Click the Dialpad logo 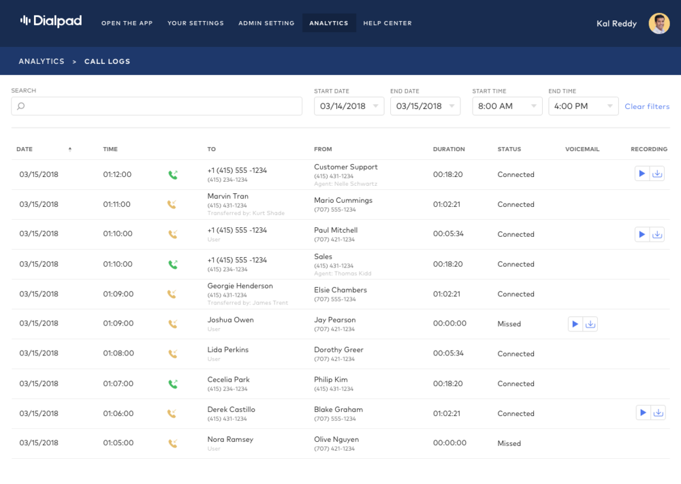[x=51, y=21]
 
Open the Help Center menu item [x=387, y=23]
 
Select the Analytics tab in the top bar [x=329, y=23]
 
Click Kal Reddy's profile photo [x=659, y=23]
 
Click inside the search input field [x=157, y=106]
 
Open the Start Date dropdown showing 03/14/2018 [x=349, y=106]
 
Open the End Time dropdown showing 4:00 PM [x=584, y=106]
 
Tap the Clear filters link [x=647, y=106]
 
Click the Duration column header [x=449, y=149]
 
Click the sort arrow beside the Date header [x=70, y=149]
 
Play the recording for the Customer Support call [x=642, y=174]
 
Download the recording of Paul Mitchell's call [x=657, y=234]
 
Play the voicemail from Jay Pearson [x=575, y=324]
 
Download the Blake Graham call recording [x=659, y=413]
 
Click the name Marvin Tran [x=228, y=196]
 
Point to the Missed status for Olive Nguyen [x=509, y=443]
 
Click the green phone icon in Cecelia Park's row [x=173, y=384]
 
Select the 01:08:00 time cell [x=118, y=353]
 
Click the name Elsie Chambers [x=340, y=290]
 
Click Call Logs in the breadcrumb [x=108, y=61]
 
